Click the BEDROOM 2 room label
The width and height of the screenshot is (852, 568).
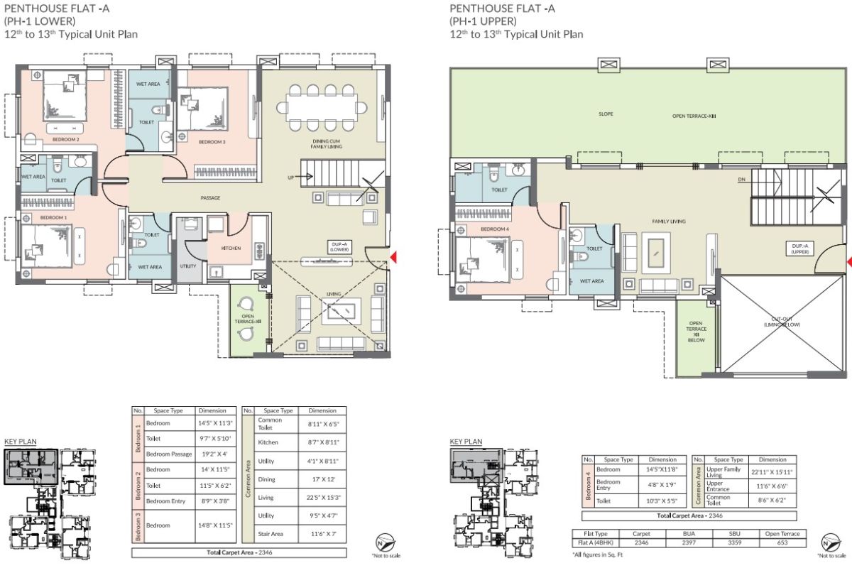pyautogui.click(x=65, y=139)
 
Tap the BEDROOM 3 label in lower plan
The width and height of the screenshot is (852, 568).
pyautogui.click(x=212, y=143)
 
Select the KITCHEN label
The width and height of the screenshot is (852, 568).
pyautogui.click(x=231, y=248)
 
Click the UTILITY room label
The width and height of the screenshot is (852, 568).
pyautogui.click(x=188, y=266)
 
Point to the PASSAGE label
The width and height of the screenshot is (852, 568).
pyautogui.click(x=210, y=198)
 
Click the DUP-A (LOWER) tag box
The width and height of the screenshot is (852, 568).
pyautogui.click(x=338, y=246)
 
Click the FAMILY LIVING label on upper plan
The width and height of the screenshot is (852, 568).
pyautogui.click(x=669, y=222)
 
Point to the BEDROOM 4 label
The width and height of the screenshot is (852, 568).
pyautogui.click(x=494, y=229)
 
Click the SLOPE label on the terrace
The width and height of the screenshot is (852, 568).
pyautogui.click(x=606, y=114)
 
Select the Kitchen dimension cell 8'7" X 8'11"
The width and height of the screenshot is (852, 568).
pyautogui.click(x=322, y=442)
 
